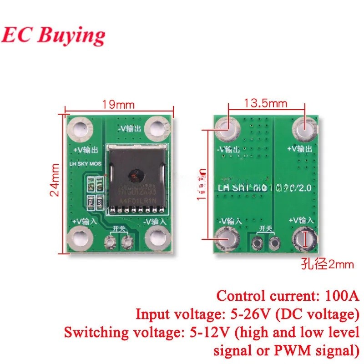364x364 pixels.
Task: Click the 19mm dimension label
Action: pyautogui.click(x=118, y=104)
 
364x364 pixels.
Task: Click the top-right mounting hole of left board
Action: pyautogui.click(x=157, y=126)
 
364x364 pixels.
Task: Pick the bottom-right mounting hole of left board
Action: pyautogui.click(x=157, y=238)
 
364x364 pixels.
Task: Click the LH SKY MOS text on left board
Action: pyautogui.click(x=88, y=164)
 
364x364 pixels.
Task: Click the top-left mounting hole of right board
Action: pyautogui.click(x=226, y=127)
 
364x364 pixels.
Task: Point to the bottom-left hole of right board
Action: pyautogui.click(x=226, y=238)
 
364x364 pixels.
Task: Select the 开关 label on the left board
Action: pyautogui.click(x=119, y=229)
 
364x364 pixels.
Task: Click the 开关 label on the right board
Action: pyautogui.click(x=265, y=229)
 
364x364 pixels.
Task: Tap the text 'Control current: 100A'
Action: pyautogui.click(x=288, y=296)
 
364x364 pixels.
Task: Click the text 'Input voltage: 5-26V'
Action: pyautogui.click(x=246, y=314)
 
